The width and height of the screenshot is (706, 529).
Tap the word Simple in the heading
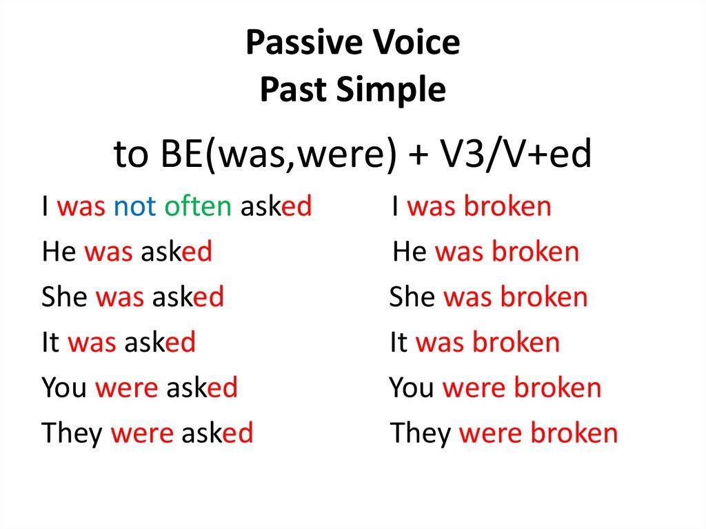coord(391,89)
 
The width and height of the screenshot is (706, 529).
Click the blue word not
coord(134,206)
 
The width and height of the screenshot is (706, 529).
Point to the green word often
coord(198,206)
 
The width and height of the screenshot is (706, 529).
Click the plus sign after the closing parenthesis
coord(418,154)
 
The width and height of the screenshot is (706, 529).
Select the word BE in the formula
coord(181,154)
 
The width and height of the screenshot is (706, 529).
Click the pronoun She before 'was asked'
coord(64,297)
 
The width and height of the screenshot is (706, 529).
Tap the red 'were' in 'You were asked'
coord(127,388)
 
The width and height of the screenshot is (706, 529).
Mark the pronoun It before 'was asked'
coord(50,342)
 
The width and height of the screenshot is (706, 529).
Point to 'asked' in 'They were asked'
coord(217,432)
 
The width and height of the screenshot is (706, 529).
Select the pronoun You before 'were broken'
coord(412,388)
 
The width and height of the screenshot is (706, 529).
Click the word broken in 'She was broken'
coord(545,297)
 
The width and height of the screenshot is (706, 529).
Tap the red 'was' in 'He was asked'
coord(108,252)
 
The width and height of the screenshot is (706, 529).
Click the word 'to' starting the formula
coord(130,154)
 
